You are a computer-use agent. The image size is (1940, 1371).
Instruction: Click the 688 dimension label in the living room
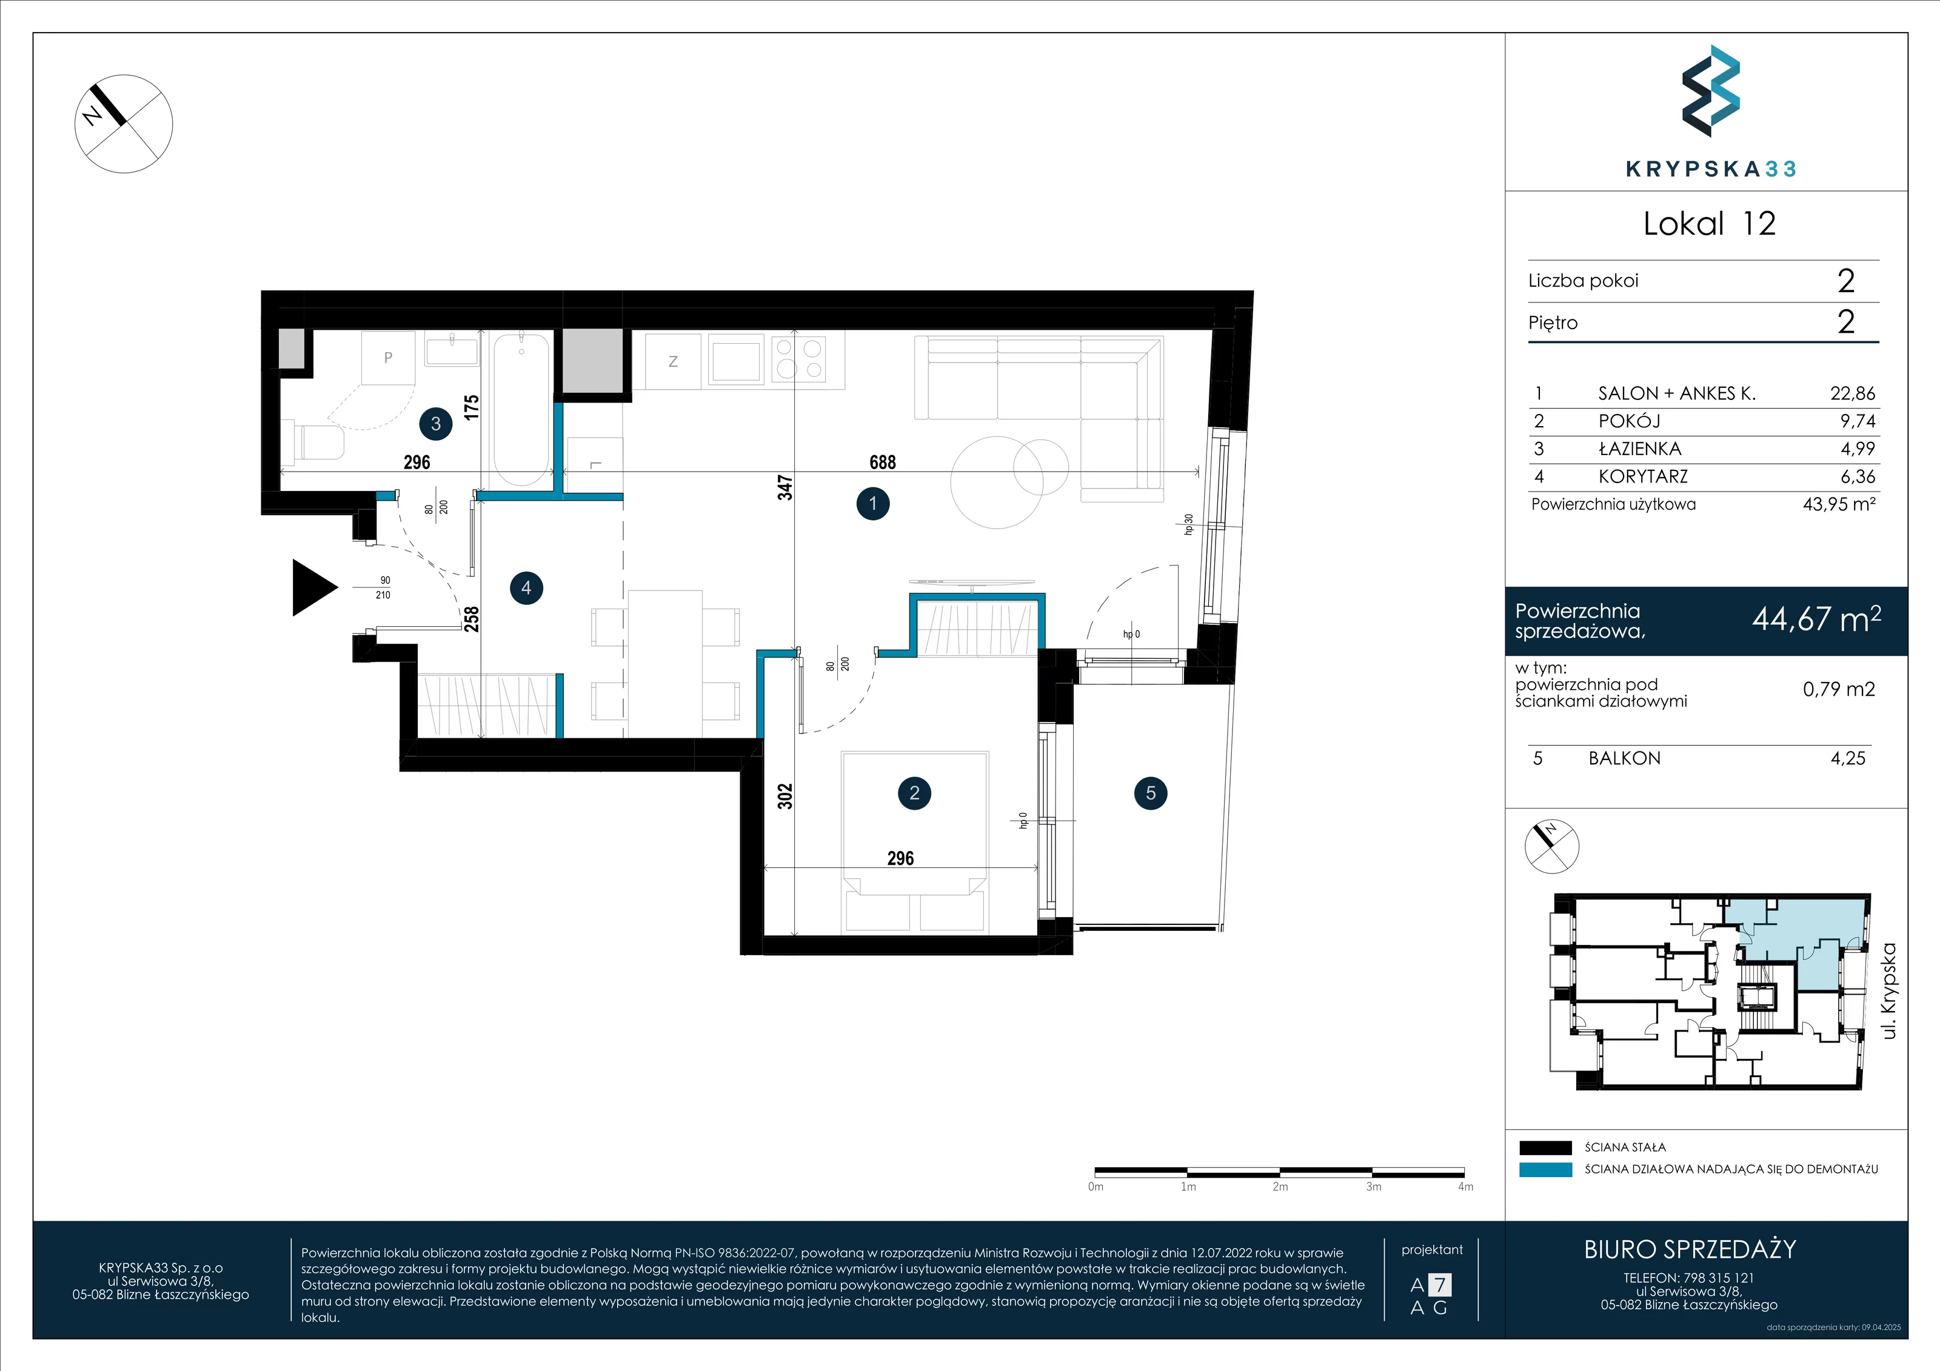point(882,462)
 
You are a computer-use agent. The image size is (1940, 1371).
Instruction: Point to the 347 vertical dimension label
point(785,487)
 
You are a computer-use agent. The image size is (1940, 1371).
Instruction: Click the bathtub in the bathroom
point(521,410)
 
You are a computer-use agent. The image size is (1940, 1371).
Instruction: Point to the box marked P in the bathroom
point(388,358)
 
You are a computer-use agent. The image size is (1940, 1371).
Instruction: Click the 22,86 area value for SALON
point(1852,393)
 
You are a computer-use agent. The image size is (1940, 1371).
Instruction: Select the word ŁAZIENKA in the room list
point(1640,449)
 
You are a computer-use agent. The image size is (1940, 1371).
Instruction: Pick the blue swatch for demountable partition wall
point(1545,1170)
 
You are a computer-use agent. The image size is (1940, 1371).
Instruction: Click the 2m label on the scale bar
point(1280,1187)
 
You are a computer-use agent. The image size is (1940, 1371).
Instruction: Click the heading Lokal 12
point(1710,223)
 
